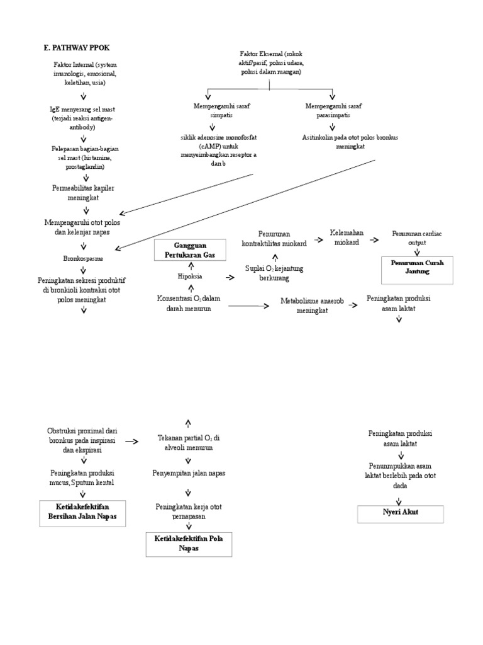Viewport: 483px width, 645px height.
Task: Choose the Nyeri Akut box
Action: (401, 513)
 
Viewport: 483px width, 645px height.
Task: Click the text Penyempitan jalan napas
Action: (188, 472)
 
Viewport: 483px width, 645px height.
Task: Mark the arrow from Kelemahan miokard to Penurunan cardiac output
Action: (374, 240)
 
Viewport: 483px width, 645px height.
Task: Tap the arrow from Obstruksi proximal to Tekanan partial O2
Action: (133, 442)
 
